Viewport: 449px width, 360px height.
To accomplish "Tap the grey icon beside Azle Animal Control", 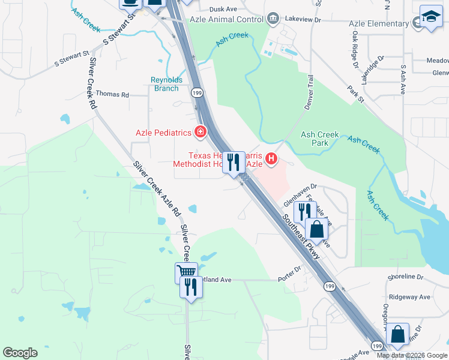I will [273, 18].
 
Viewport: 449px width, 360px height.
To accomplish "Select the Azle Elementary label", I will [379, 23].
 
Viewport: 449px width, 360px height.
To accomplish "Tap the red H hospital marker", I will [271, 159].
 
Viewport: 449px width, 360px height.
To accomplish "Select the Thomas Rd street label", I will [112, 95].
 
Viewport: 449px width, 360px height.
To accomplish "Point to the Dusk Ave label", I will [223, 10].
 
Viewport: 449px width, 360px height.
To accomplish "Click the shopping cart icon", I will [186, 272].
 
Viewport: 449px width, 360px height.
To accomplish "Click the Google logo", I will [20, 353].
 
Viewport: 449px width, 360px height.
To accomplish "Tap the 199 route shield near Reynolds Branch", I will [197, 93].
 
